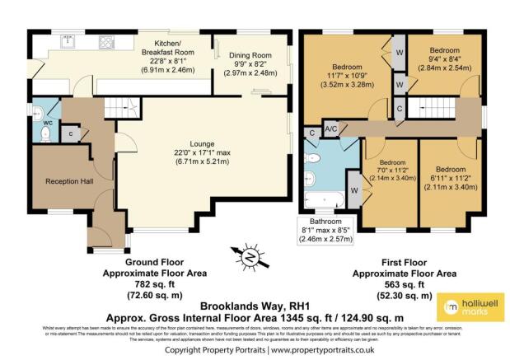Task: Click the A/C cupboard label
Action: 330,130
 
